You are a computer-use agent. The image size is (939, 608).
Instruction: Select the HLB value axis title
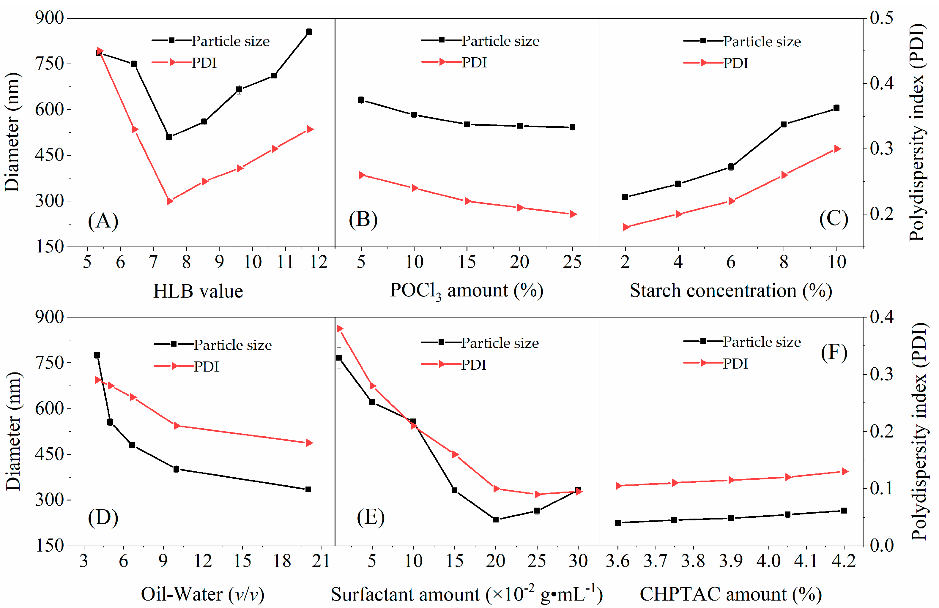tap(198, 291)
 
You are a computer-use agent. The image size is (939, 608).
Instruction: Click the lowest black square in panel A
tap(169, 137)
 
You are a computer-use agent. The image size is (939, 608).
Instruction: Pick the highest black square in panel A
tap(309, 31)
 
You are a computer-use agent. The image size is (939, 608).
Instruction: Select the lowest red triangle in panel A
tap(170, 201)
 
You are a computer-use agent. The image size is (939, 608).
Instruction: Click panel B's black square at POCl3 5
tap(361, 100)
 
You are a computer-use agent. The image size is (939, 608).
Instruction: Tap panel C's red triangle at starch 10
tap(837, 149)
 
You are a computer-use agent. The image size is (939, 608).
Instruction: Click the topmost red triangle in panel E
tap(340, 329)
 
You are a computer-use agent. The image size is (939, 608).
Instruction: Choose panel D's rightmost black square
tap(308, 489)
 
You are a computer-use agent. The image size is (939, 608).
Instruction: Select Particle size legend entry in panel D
tap(232, 345)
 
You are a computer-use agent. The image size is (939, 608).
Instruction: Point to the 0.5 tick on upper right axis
tap(881, 18)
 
